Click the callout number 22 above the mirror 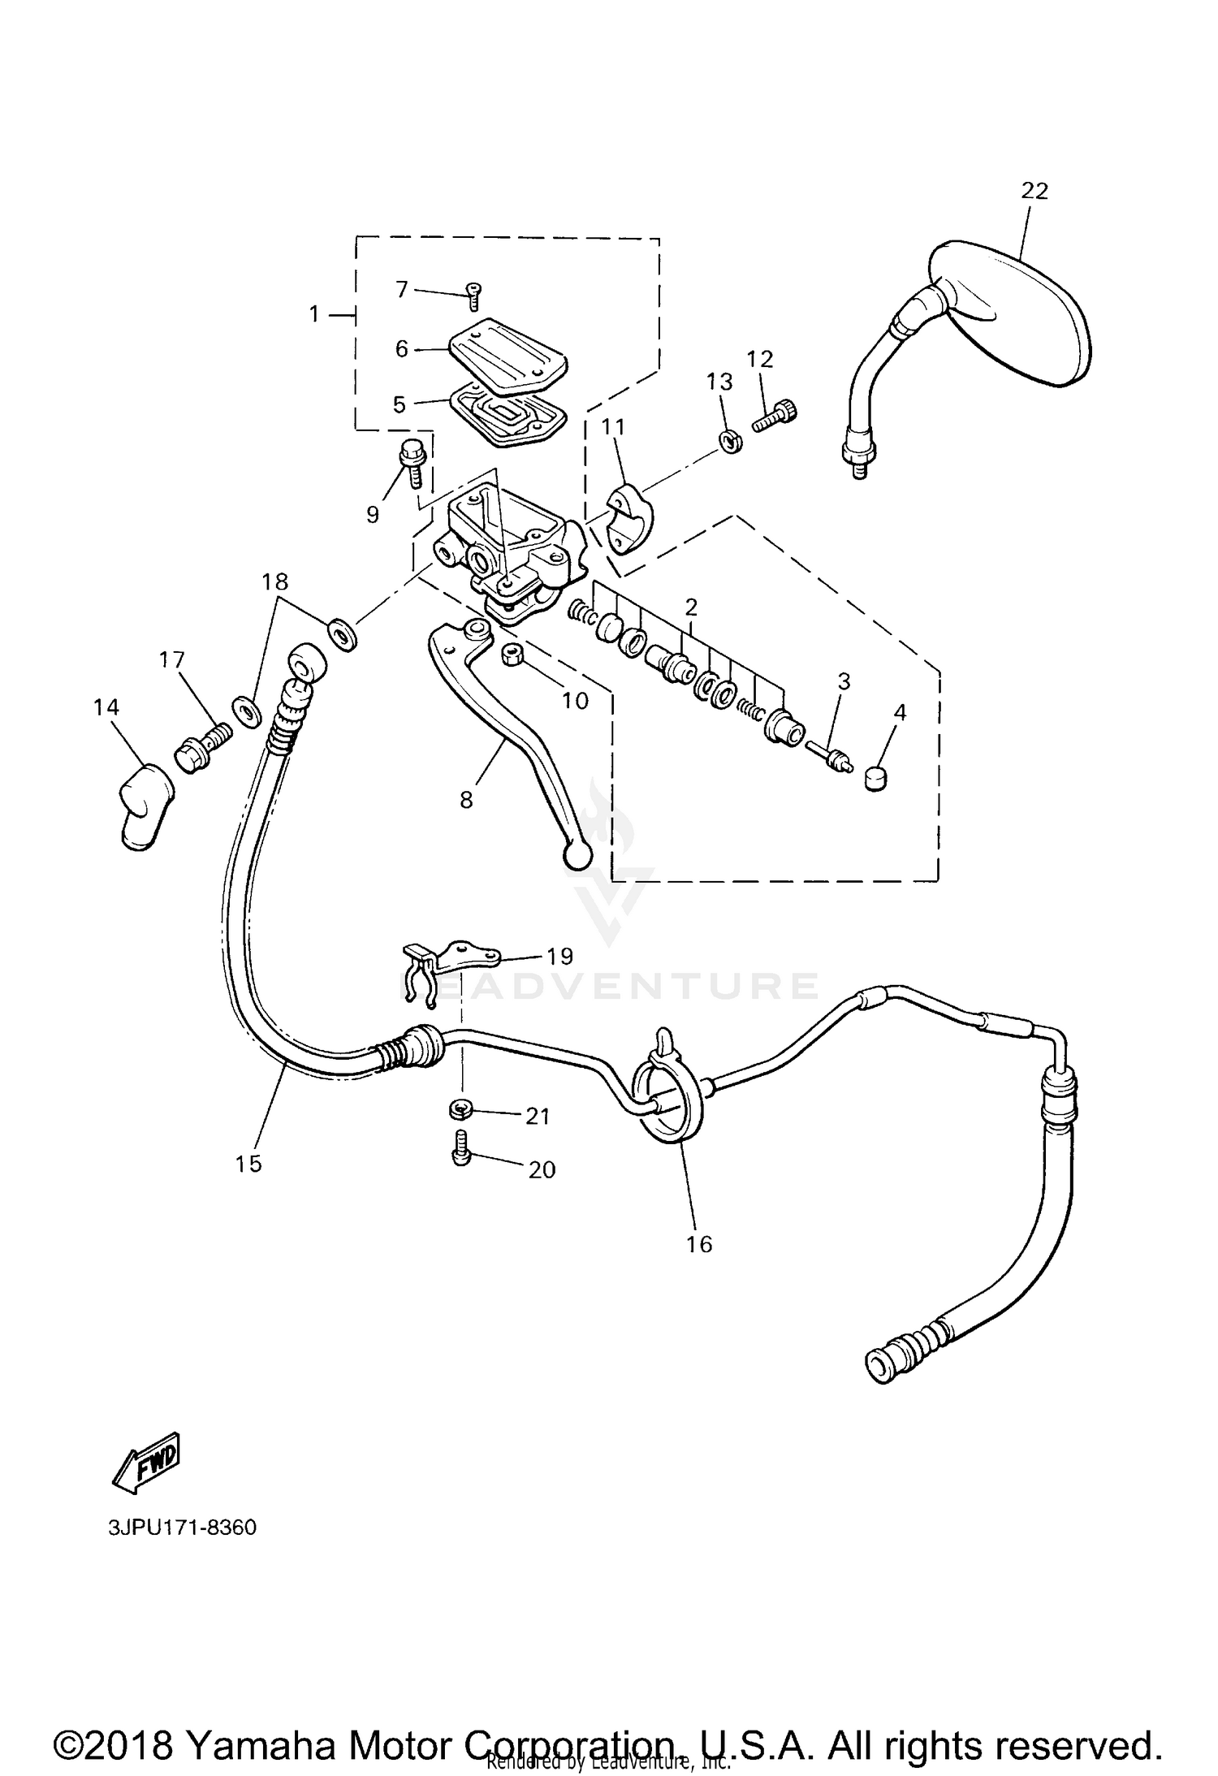pos(1034,191)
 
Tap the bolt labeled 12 pos(776,415)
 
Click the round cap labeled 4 pos(876,777)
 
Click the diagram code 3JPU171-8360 pos(182,1528)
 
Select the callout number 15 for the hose pos(248,1163)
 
